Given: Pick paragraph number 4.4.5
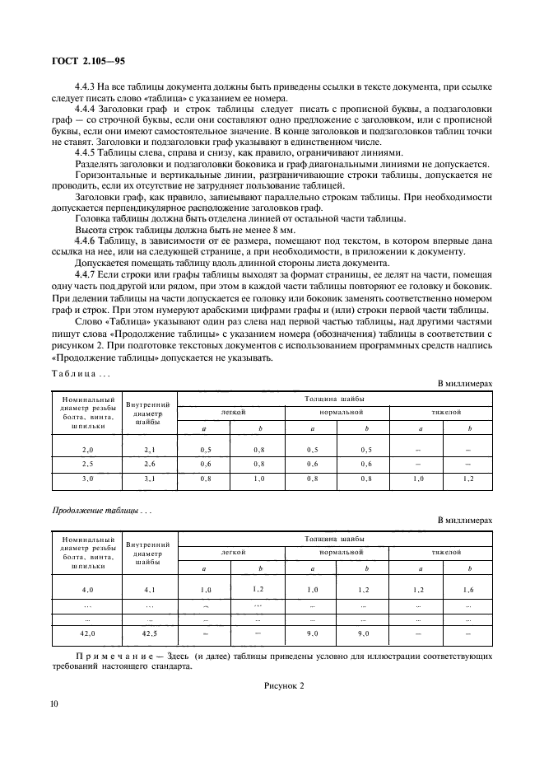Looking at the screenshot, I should [86, 152].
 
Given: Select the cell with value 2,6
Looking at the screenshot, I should [149, 464].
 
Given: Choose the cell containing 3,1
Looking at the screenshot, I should [149, 478].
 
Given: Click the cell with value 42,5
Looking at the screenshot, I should [149, 633].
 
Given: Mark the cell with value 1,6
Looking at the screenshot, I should [467, 590].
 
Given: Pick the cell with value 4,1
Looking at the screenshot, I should [149, 590].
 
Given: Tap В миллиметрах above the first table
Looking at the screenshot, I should [465, 383].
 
